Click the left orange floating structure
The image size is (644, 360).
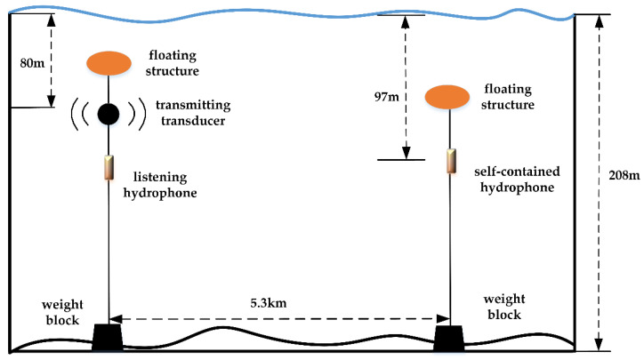click(109, 63)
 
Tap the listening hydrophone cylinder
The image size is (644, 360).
click(109, 167)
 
